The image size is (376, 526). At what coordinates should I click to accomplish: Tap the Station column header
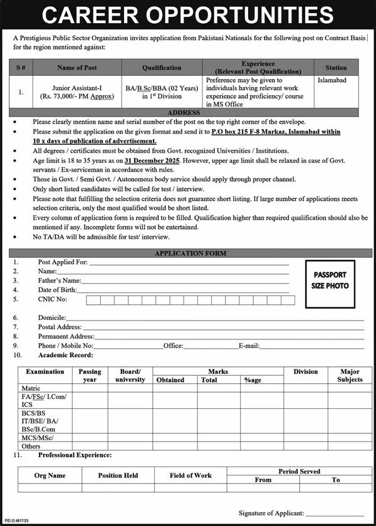[336, 68]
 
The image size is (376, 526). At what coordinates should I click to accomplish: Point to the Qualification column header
[162, 68]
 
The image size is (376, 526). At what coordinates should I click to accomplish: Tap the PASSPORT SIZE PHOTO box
[329, 280]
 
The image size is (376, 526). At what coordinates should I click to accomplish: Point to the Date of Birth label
[57, 290]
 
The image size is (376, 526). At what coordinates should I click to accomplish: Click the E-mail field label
[249, 346]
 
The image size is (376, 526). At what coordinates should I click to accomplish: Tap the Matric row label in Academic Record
[32, 388]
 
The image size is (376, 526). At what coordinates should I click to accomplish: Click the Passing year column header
[90, 376]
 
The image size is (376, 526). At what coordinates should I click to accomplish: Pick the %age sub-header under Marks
[253, 380]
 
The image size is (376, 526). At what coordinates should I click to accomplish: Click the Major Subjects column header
[350, 376]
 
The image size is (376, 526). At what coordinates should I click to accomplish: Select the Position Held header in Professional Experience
[118, 475]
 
